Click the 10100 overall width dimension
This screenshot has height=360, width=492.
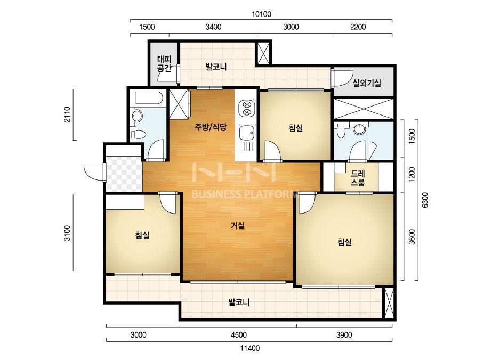click(261, 14)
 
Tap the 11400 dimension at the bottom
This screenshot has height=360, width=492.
click(250, 348)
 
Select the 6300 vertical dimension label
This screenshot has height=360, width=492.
click(425, 200)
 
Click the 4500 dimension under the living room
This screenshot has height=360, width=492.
click(239, 335)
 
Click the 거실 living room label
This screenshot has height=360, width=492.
click(238, 225)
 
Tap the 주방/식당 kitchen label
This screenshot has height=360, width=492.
click(210, 127)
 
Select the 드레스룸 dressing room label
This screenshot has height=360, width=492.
click(358, 178)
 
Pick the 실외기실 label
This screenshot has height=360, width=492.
click(367, 83)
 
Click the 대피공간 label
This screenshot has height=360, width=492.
click(164, 64)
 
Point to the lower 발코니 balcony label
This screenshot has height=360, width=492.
click(238, 302)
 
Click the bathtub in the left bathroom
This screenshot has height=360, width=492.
click(149, 98)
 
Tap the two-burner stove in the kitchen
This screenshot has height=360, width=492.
click(247, 108)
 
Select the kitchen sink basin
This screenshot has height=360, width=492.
click(247, 133)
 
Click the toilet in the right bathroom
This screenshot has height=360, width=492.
click(341, 130)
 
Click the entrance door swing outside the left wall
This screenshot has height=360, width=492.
click(94, 172)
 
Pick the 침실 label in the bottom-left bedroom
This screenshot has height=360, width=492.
click(142, 235)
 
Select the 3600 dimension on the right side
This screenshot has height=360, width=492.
click(412, 237)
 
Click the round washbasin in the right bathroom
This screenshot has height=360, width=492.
click(359, 129)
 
